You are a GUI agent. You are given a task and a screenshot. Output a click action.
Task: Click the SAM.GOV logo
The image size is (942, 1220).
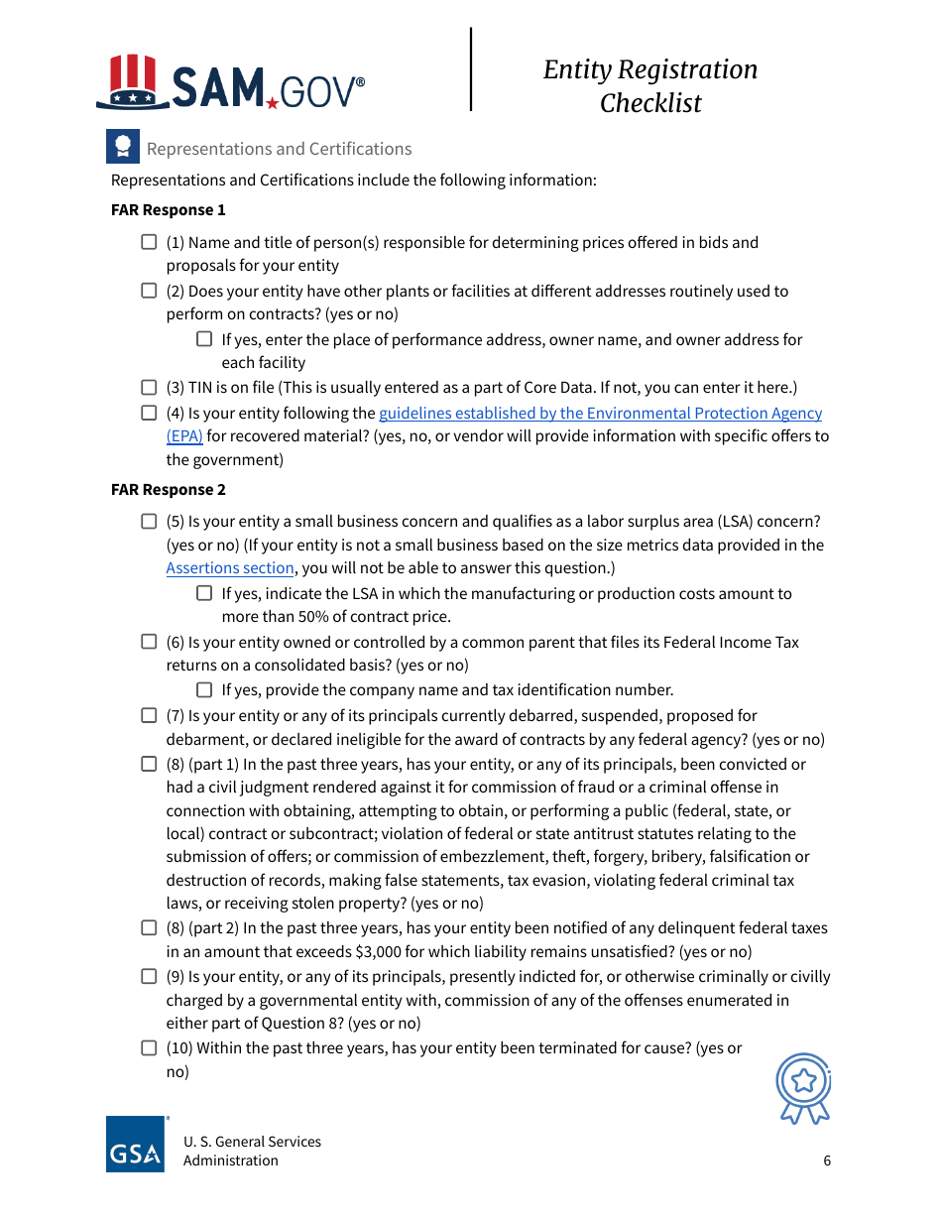(230, 83)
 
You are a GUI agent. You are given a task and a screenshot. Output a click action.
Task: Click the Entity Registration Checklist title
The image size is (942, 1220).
(650, 85)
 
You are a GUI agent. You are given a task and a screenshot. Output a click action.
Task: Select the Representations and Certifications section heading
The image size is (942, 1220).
(279, 149)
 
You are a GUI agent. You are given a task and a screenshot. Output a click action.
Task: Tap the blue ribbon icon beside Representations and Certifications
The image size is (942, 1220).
(123, 148)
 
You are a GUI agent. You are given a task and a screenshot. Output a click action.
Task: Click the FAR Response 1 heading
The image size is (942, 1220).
(169, 210)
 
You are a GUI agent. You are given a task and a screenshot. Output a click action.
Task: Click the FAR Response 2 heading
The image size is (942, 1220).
(169, 490)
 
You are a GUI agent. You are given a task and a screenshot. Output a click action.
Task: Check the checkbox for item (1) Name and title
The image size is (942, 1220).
(149, 242)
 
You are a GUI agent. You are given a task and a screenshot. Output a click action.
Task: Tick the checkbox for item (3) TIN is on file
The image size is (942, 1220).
(149, 387)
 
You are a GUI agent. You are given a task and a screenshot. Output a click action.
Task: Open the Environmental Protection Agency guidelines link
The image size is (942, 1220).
(600, 414)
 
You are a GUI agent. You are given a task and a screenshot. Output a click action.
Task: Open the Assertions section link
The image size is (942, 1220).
(230, 568)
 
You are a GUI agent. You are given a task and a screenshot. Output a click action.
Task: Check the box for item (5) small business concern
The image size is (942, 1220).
(149, 522)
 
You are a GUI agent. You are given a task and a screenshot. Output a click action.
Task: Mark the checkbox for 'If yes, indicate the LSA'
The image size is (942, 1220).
(204, 593)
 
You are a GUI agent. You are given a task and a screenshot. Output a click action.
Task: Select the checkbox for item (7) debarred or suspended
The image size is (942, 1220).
(149, 715)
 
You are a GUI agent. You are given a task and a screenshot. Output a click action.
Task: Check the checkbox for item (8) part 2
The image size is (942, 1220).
(149, 927)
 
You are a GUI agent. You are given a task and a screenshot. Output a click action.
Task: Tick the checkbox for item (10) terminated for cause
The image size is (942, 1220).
(149, 1047)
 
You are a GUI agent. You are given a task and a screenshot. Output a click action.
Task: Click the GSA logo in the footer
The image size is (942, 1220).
(136, 1145)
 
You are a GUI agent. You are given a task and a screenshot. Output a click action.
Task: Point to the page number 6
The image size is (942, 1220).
(827, 1161)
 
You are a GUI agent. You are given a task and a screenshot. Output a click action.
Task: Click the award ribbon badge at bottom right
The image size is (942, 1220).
(804, 1087)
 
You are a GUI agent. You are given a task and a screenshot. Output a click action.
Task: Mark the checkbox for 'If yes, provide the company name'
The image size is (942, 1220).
(204, 689)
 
